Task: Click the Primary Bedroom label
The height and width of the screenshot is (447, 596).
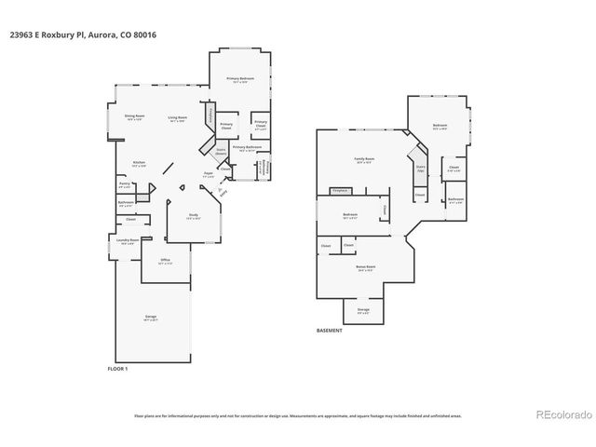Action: pos(240,79)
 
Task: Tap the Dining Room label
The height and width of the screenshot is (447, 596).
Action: pos(133,117)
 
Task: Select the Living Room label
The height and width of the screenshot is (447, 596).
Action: pos(177,117)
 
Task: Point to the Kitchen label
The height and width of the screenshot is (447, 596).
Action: pos(138,163)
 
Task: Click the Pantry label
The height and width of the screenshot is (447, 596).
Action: pos(124,184)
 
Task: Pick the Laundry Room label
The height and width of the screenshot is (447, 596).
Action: pos(128,240)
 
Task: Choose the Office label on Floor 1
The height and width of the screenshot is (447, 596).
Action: pos(165,260)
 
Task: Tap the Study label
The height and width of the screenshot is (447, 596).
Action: pos(193,217)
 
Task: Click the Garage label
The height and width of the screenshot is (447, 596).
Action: pos(150,317)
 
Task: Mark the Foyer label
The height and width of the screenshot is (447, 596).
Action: pos(209,174)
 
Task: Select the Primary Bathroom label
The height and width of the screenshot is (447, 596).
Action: pos(246,147)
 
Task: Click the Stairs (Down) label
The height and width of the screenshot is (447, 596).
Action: pos(222,151)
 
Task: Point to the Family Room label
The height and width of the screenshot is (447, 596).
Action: pos(363,160)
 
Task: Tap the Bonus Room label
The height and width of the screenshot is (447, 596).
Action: pos(365,266)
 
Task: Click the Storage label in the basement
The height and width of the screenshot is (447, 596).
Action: pos(363,310)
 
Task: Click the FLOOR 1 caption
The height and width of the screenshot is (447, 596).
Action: pos(118,369)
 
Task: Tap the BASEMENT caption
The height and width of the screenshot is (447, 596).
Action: pos(330,329)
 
